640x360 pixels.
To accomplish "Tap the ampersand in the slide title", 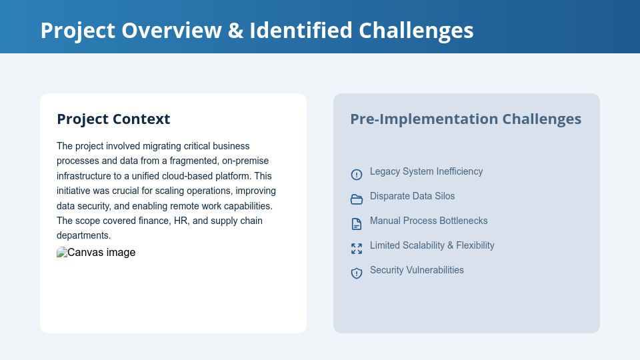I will point(236,31).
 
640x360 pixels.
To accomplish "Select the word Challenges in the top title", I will point(416,31).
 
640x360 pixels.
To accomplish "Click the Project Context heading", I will point(113,119).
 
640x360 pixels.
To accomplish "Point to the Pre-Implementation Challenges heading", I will point(465,119).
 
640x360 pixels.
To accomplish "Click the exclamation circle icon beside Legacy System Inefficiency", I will point(357,175).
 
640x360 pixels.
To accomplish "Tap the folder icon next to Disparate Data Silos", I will point(357,199).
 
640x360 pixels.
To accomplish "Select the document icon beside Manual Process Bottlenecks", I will point(357,224).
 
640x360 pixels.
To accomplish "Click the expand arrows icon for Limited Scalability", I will point(357,249).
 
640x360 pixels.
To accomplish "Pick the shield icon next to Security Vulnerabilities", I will point(357,273).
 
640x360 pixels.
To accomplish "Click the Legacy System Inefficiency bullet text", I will point(426,171).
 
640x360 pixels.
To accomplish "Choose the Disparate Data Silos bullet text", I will point(412,196).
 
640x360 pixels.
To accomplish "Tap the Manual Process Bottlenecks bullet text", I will point(429,221).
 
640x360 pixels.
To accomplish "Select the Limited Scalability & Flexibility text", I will point(432,245).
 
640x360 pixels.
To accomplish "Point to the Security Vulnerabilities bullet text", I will point(417,270).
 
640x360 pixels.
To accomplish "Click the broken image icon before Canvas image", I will point(62,253).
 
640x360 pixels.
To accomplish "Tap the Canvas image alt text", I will point(101,253).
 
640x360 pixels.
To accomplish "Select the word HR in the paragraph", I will point(181,221).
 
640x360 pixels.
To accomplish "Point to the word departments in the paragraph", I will point(83,235).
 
